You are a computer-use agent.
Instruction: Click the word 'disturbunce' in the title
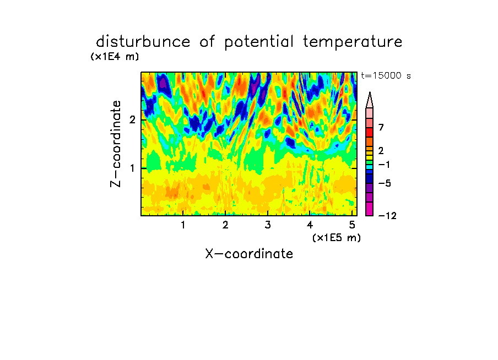pos(143,41)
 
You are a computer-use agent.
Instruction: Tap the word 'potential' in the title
pos(259,42)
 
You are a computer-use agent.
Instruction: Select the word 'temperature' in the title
pos(353,42)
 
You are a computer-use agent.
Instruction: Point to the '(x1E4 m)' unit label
pos(115,57)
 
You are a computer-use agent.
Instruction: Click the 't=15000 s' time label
pos(386,75)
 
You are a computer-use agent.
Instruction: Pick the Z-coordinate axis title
pos(116,144)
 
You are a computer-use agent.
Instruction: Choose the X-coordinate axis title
pos(249,254)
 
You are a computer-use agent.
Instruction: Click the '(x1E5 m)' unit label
pos(337,238)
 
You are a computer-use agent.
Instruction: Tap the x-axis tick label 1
pos(183,225)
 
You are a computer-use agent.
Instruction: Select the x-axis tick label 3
pos(268,225)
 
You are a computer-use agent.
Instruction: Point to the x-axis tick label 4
pos(310,225)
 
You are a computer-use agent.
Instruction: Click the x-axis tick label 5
pos(352,225)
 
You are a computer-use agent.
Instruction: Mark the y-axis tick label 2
pos(132,120)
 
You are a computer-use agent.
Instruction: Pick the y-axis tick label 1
pos(132,168)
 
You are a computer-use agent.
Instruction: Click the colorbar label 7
pos(381,127)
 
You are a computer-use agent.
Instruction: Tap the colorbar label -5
pos(385,183)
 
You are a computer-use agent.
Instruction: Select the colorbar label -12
pos(387,216)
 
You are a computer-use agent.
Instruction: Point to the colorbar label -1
pos(384,165)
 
